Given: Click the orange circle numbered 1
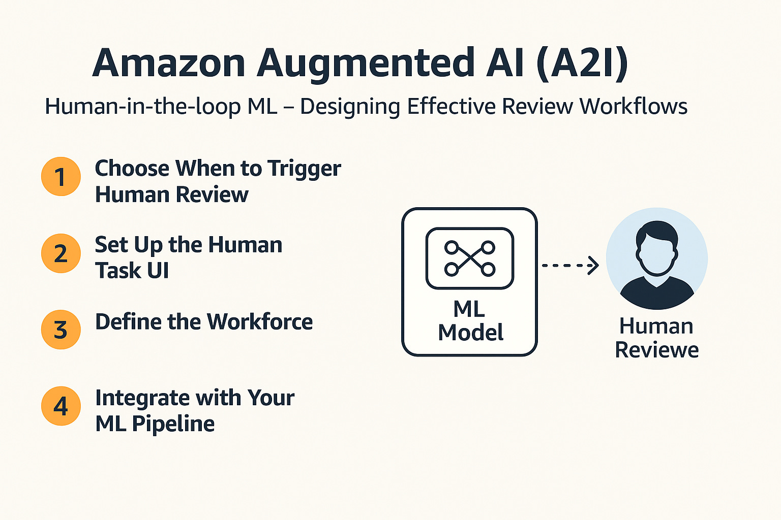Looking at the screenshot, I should point(61,177).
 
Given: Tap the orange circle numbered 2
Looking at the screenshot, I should point(61,253).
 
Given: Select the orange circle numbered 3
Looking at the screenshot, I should point(61,330).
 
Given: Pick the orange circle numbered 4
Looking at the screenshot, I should point(61,406).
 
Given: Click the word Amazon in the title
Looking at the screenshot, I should point(169,63).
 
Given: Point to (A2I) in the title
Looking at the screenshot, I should point(582,63).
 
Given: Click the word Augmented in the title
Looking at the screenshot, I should point(366,64).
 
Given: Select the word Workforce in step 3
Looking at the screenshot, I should point(260,322).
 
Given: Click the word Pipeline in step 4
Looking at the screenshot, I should point(173,424).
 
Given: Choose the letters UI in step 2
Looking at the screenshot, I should point(158,271).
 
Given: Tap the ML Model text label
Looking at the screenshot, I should point(470,321).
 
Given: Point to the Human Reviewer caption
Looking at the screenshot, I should point(656,338).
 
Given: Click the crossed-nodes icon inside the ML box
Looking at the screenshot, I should point(469,258).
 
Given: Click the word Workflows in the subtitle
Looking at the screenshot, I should point(634,107).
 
